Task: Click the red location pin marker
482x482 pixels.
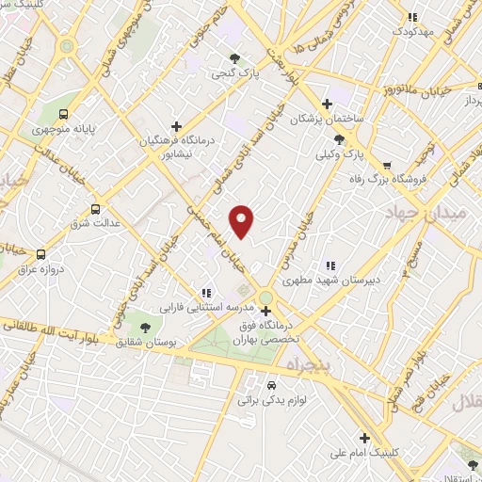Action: [243, 222]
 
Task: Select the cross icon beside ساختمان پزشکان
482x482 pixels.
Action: [327, 104]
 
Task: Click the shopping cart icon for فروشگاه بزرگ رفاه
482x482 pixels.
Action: [386, 165]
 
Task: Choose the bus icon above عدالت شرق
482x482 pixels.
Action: [94, 210]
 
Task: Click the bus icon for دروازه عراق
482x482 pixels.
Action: [40, 254]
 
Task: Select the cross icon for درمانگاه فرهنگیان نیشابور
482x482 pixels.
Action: [176, 125]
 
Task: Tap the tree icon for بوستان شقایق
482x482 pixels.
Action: [144, 326]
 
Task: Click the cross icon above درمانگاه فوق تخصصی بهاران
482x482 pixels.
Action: [265, 311]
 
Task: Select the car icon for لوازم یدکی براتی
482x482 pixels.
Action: [271, 385]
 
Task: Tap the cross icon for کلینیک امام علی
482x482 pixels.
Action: [363, 437]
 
